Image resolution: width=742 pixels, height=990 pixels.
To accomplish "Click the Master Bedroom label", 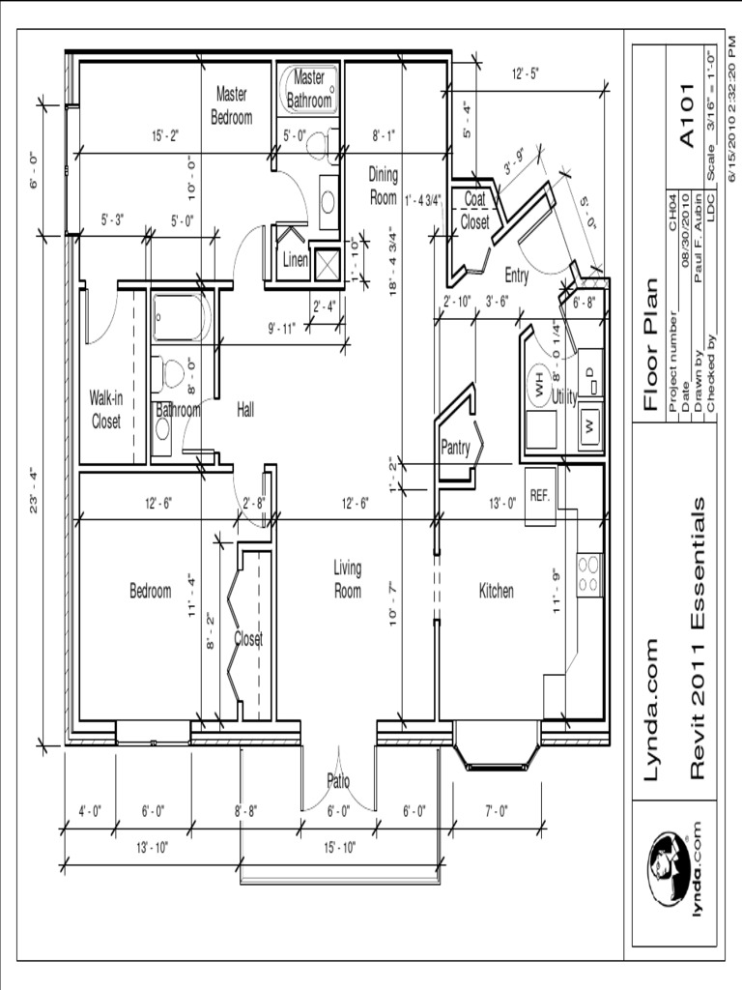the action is (x=232, y=105).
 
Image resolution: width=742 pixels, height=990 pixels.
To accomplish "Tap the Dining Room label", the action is (x=383, y=186).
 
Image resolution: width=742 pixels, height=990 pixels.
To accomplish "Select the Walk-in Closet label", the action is (x=106, y=409).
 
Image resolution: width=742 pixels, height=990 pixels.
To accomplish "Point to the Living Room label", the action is (x=348, y=580).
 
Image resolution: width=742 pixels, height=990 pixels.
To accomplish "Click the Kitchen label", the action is (x=497, y=591).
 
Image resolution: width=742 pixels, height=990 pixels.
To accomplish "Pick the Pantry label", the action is (x=456, y=448).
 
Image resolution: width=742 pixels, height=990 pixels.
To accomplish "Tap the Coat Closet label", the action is (x=474, y=210).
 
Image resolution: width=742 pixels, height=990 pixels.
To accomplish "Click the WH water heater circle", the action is (x=539, y=390).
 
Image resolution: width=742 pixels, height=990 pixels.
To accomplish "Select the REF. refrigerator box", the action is (x=540, y=496).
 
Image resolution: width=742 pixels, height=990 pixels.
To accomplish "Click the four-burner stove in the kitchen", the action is (x=590, y=573).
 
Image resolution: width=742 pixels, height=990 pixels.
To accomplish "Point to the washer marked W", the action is (x=590, y=426).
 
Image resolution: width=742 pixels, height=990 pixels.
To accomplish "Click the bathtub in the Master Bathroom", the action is (x=308, y=90).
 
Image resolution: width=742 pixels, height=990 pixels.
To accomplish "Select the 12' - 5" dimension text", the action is (x=525, y=73).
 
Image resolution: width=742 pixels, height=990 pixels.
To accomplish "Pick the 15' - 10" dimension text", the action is (x=340, y=847).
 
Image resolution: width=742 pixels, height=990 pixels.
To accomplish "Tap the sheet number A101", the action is (x=687, y=116).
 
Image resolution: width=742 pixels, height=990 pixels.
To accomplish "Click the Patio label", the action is (x=338, y=781).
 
